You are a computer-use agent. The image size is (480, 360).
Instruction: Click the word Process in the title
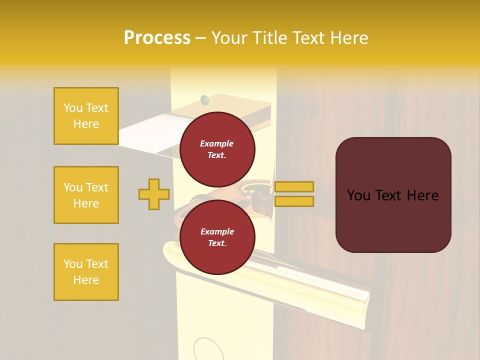157,38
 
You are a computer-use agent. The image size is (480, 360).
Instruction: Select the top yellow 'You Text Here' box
86,116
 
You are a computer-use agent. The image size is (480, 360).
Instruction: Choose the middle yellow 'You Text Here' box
86,195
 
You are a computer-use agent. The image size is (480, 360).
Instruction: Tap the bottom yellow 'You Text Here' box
86,272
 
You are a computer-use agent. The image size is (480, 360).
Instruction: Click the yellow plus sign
154,194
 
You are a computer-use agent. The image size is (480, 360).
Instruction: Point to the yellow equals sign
294,194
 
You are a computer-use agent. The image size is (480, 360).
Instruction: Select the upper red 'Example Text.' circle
217,149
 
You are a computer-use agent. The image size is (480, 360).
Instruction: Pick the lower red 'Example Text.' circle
217,237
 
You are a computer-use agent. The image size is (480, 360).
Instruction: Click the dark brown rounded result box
393,195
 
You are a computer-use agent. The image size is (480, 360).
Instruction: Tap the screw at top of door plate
204,100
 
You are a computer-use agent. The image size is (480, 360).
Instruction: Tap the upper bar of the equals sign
294,186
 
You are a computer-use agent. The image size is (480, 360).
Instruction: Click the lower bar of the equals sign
294,201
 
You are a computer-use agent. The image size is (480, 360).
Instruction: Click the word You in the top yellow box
72,108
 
